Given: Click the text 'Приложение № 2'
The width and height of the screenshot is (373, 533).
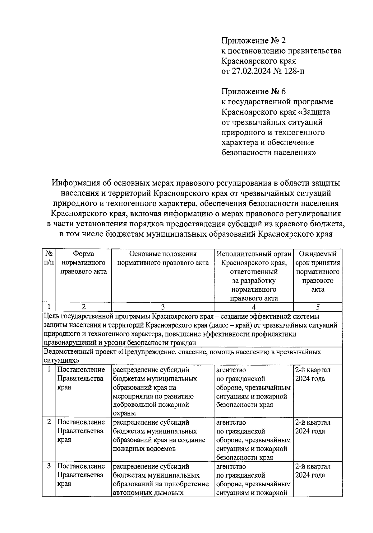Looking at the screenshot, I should pyautogui.click(x=253, y=40).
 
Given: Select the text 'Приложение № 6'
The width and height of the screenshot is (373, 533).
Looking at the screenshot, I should pyautogui.click(x=253, y=92).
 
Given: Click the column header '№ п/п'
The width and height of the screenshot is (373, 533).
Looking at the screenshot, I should pyautogui.click(x=49, y=258).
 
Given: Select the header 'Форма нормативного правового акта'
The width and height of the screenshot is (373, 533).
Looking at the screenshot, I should pyautogui.click(x=83, y=262).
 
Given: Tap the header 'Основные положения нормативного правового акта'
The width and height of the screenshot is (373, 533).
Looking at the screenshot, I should pyautogui.click(x=163, y=258).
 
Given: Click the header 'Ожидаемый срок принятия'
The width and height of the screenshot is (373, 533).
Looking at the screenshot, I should pyautogui.click(x=317, y=258).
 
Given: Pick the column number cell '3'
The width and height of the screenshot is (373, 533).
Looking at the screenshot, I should pyautogui.click(x=163, y=307).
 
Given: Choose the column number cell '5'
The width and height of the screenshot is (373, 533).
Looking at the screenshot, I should pyautogui.click(x=317, y=307).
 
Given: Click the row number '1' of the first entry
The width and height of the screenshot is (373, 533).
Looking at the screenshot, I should pyautogui.click(x=49, y=370).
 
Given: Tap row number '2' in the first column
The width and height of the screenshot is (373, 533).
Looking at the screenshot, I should pyautogui.click(x=49, y=422).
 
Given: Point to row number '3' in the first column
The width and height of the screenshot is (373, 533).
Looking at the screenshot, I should pyautogui.click(x=49, y=466).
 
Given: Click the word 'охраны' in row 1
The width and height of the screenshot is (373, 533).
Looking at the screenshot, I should pyautogui.click(x=124, y=413).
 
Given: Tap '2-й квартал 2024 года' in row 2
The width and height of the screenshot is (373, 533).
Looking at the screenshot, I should pyautogui.click(x=312, y=427).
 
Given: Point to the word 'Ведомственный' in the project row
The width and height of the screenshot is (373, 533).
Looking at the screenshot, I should pyautogui.click(x=66, y=352).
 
